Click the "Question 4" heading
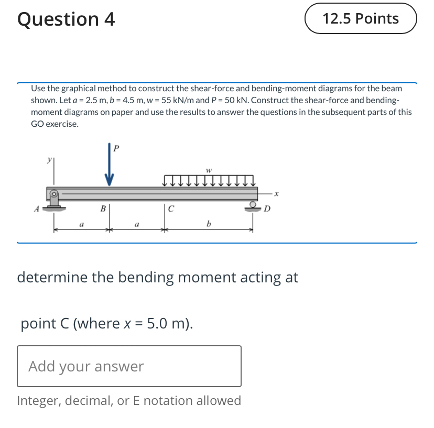tap(66, 19)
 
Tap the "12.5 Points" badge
tap(361, 19)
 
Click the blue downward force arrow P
tap(109, 168)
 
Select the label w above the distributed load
tap(209, 170)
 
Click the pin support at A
tap(54, 199)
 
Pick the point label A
tap(37, 209)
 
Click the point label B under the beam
tap(103, 208)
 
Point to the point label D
tap(267, 209)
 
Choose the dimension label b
tap(209, 224)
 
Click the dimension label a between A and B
tap(81, 224)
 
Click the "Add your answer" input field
tap(129, 366)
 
